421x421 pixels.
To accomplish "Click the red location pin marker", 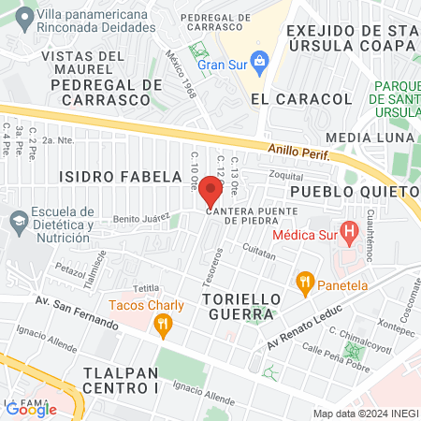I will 210,191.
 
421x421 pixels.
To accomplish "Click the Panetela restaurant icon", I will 304,281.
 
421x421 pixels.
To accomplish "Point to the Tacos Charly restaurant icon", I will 164,325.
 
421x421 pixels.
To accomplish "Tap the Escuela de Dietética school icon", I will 17,222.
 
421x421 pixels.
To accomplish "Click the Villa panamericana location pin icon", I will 17,15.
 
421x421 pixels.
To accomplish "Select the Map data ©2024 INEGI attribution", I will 365,414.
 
